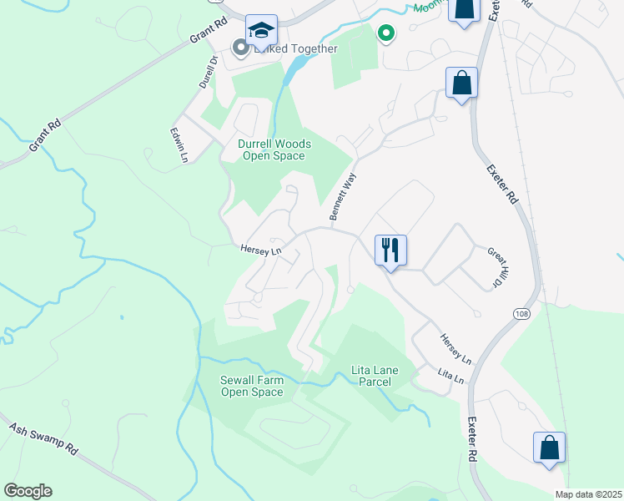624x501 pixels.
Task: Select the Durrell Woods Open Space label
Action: pyautogui.click(x=271, y=149)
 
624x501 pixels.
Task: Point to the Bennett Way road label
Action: pyautogui.click(x=343, y=196)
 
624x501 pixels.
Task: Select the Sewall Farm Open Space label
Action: pyautogui.click(x=251, y=386)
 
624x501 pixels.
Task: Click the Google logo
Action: pyautogui.click(x=28, y=491)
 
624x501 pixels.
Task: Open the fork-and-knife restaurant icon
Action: pyautogui.click(x=390, y=250)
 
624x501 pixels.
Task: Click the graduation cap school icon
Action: pyautogui.click(x=261, y=32)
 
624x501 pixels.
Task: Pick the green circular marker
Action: pyautogui.click(x=385, y=33)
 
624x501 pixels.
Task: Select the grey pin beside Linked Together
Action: pyautogui.click(x=241, y=48)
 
